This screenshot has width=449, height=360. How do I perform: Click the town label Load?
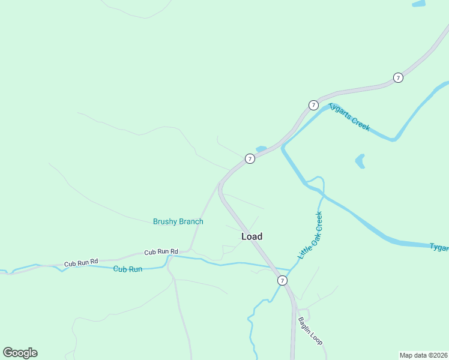252,236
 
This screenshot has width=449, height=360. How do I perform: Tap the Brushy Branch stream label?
178,221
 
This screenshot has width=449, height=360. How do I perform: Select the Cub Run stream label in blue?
128,269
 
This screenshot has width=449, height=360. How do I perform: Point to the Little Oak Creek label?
310,236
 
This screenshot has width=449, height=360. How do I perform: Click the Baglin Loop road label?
310,330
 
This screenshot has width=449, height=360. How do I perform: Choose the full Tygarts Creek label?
349,117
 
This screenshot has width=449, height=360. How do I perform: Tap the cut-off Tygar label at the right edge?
439,247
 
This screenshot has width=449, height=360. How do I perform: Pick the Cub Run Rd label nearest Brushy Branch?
161,252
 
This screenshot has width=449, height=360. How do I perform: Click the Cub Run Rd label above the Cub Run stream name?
81,262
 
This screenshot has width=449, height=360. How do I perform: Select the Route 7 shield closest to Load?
282,280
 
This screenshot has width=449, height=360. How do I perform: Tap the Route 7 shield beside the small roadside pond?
250,158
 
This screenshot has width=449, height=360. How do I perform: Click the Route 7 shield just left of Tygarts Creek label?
313,105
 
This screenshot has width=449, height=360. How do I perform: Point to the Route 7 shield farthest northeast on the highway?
398,77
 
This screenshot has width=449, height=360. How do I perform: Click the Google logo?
20,353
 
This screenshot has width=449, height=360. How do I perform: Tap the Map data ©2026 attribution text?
423,355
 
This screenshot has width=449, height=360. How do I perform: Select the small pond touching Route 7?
261,149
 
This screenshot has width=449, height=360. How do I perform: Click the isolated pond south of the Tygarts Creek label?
360,161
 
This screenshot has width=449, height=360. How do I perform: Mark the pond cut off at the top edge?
419,4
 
